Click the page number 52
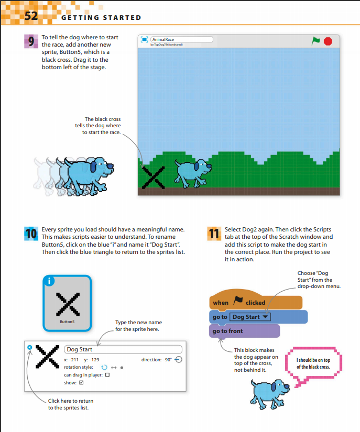click(31, 16)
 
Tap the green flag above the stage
click(315, 41)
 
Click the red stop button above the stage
click(328, 41)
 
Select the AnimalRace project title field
click(182, 39)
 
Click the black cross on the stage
click(153, 177)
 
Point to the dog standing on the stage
click(193, 173)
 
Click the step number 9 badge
click(31, 41)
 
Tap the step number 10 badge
click(31, 234)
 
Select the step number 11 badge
click(214, 234)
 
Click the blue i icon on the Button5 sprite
click(49, 281)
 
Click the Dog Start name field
click(123, 349)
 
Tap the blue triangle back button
click(30, 347)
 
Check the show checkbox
click(81, 382)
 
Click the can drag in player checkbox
click(107, 375)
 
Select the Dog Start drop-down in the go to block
click(250, 317)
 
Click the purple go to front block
click(245, 331)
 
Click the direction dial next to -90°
click(178, 360)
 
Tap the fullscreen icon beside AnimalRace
click(144, 39)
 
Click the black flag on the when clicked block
click(237, 300)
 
